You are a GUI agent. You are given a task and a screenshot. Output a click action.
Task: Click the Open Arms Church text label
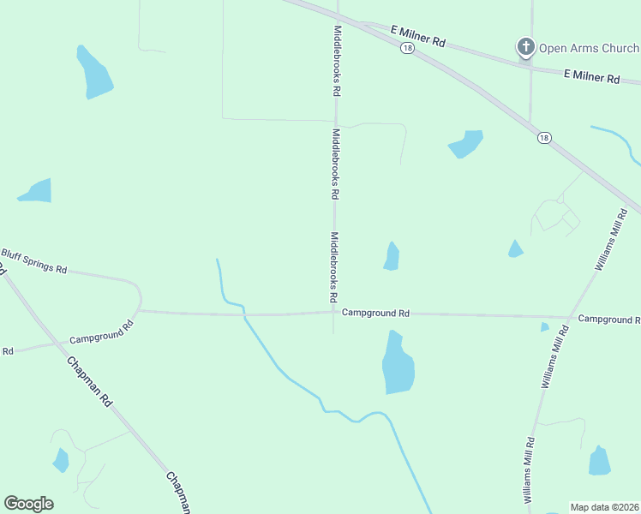588,48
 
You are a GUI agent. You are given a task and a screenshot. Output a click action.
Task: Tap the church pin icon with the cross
525,47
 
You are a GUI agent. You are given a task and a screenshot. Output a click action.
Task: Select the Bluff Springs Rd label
33,262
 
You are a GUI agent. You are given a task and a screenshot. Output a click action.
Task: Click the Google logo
28,504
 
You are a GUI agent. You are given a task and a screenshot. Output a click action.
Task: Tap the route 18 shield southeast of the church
543,137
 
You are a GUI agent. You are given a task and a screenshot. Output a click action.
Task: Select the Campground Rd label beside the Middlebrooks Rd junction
375,314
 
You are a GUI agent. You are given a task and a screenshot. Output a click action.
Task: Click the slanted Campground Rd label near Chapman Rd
102,332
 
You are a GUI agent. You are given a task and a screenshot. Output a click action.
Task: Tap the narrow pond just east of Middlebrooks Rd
392,256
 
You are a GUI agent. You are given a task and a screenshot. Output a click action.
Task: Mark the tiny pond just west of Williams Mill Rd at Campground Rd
545,326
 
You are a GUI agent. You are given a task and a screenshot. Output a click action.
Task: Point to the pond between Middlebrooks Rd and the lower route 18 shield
466,144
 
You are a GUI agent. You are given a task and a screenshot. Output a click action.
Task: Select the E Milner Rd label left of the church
418,36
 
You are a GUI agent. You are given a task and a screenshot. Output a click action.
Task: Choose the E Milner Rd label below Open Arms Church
591,77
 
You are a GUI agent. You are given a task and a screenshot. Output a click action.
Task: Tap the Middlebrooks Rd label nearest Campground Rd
333,267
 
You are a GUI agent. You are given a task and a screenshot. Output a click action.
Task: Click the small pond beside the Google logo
61,460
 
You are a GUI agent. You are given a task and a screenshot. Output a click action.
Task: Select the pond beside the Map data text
600,461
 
